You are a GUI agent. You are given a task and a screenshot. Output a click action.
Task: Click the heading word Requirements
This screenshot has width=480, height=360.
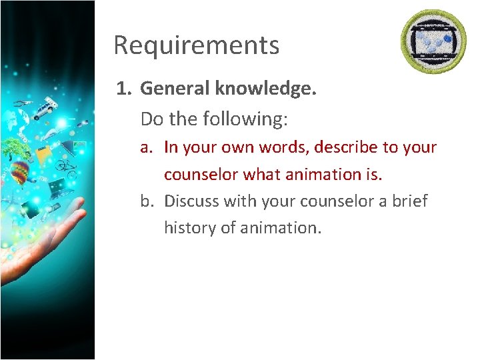(196, 45)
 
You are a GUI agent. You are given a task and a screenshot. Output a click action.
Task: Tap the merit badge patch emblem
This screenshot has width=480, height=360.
(433, 42)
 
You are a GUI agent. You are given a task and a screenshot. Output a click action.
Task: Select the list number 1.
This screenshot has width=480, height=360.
(123, 89)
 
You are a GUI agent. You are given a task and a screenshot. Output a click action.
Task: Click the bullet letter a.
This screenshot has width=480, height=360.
(145, 147)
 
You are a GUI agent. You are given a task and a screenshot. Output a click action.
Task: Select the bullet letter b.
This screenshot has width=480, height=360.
(145, 201)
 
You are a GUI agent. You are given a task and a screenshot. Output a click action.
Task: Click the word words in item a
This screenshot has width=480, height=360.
(269, 147)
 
